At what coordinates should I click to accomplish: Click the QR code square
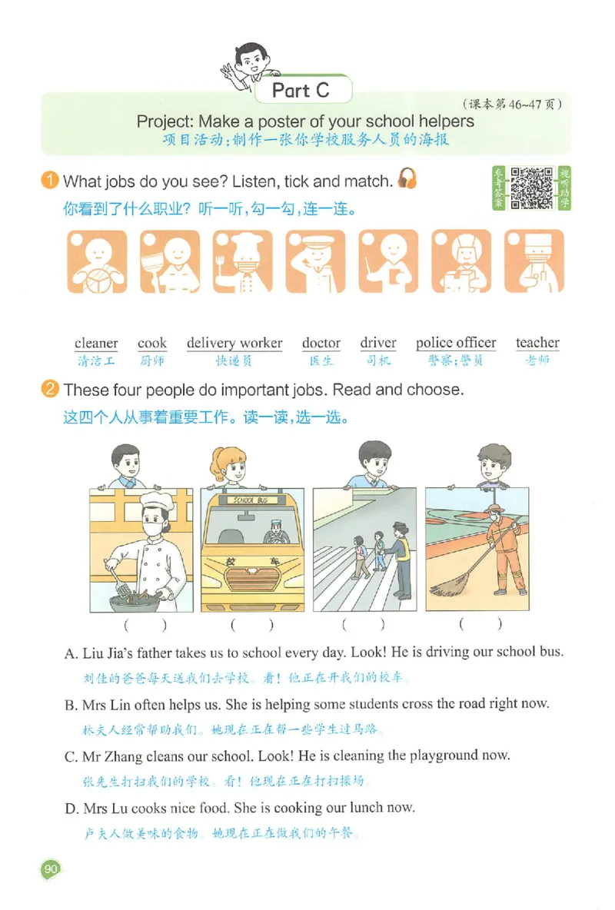pos(531,188)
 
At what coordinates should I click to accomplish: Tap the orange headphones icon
pos(407,178)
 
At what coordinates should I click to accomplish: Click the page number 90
pos(51,868)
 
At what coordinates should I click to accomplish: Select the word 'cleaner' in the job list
pos(96,343)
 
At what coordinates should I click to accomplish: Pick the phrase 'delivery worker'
pos(234,343)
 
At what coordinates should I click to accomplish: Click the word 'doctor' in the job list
pos(321,343)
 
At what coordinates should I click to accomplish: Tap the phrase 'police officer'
pos(456,343)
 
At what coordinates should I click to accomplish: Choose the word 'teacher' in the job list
pos(538,343)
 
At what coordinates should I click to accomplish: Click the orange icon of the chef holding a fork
pos(242,261)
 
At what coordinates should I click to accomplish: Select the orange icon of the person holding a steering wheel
pos(97,262)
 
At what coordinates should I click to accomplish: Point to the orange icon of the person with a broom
pos(170,262)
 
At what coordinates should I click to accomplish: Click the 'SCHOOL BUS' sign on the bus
pos(251,500)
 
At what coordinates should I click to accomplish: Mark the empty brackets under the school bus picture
pos(251,624)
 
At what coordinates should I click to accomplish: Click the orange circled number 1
pos(50,180)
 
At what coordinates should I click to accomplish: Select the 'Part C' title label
pos(301,91)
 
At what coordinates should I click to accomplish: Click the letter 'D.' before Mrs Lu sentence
pos(71,809)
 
